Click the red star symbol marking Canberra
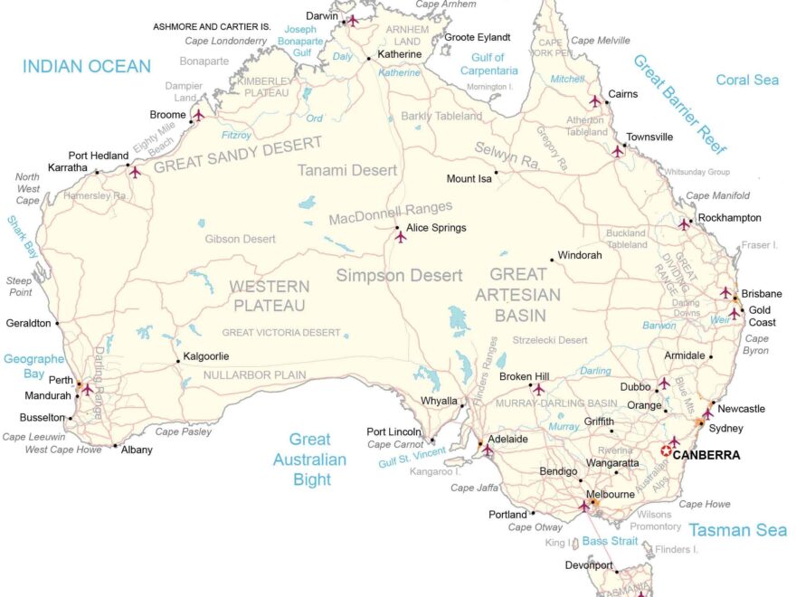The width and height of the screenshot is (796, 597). click(x=668, y=450)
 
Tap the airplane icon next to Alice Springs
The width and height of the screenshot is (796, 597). click(x=400, y=236)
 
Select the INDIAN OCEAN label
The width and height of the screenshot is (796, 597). click(x=87, y=66)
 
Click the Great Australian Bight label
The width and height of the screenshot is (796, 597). click(x=309, y=460)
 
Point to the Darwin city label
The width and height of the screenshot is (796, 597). click(x=322, y=15)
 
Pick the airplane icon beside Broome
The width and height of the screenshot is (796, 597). click(x=198, y=115)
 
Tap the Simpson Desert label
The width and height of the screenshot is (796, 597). click(x=399, y=275)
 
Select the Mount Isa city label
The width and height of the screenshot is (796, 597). click(x=469, y=179)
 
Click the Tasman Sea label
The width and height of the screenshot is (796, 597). click(x=737, y=530)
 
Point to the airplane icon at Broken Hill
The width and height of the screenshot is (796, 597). click(x=538, y=389)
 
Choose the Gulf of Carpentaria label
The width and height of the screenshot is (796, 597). click(x=494, y=64)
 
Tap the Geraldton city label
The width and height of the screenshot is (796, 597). click(x=28, y=322)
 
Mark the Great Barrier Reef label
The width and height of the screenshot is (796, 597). click(x=679, y=104)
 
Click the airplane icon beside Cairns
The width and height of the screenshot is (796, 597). click(x=594, y=101)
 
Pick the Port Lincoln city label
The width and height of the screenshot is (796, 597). click(x=393, y=431)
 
